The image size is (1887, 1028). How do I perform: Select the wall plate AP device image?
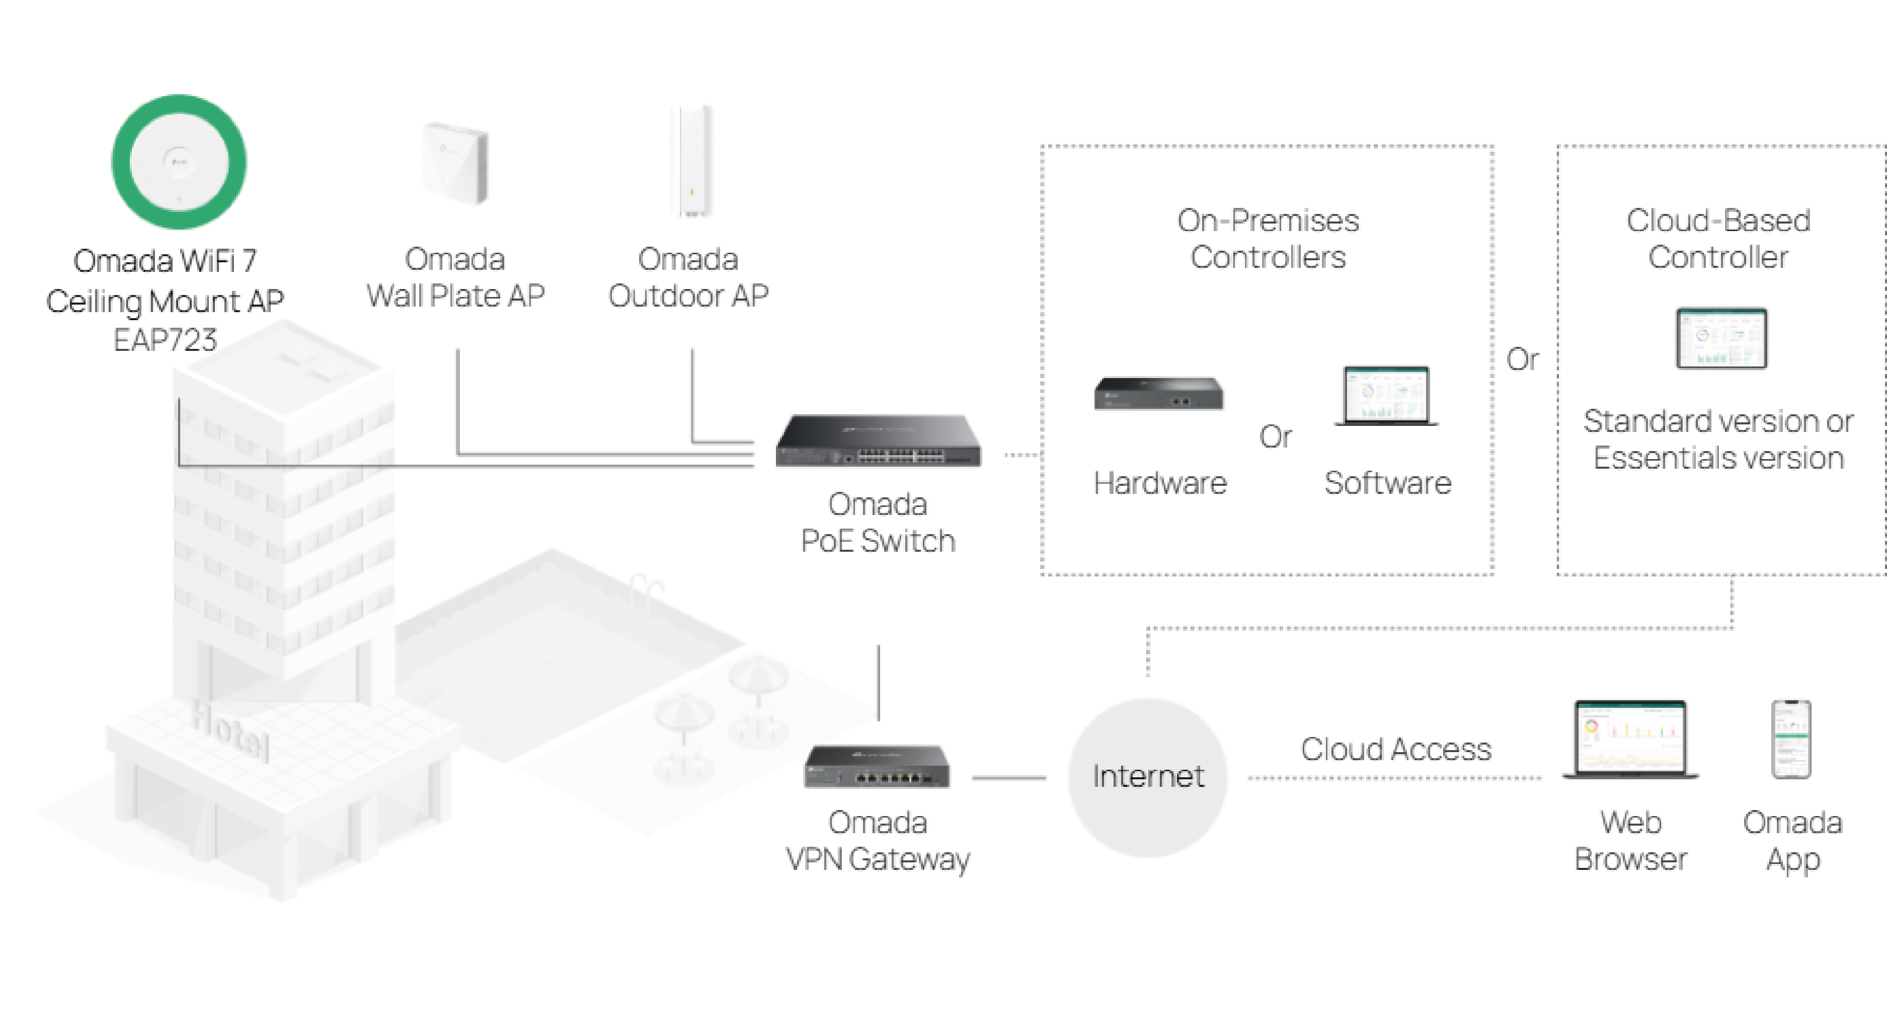tap(455, 163)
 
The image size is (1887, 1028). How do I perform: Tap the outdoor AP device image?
tap(691, 161)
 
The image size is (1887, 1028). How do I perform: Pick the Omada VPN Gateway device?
tap(877, 766)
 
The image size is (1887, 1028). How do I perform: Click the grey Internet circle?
tap(1147, 777)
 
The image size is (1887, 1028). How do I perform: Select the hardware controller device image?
tap(1158, 394)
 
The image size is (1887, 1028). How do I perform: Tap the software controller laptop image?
tap(1386, 396)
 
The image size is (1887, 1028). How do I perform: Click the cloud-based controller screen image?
tap(1721, 338)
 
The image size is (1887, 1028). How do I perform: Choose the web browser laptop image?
tap(1630, 740)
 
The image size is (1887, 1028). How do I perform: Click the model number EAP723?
tap(166, 340)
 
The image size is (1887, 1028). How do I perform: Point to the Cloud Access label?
tap(1395, 749)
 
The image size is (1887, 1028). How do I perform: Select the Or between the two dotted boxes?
tap(1522, 359)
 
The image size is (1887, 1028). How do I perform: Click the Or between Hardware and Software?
tap(1275, 436)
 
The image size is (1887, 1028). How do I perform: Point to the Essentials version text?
tap(1718, 458)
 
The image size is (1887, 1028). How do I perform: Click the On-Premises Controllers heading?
tap(1268, 239)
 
